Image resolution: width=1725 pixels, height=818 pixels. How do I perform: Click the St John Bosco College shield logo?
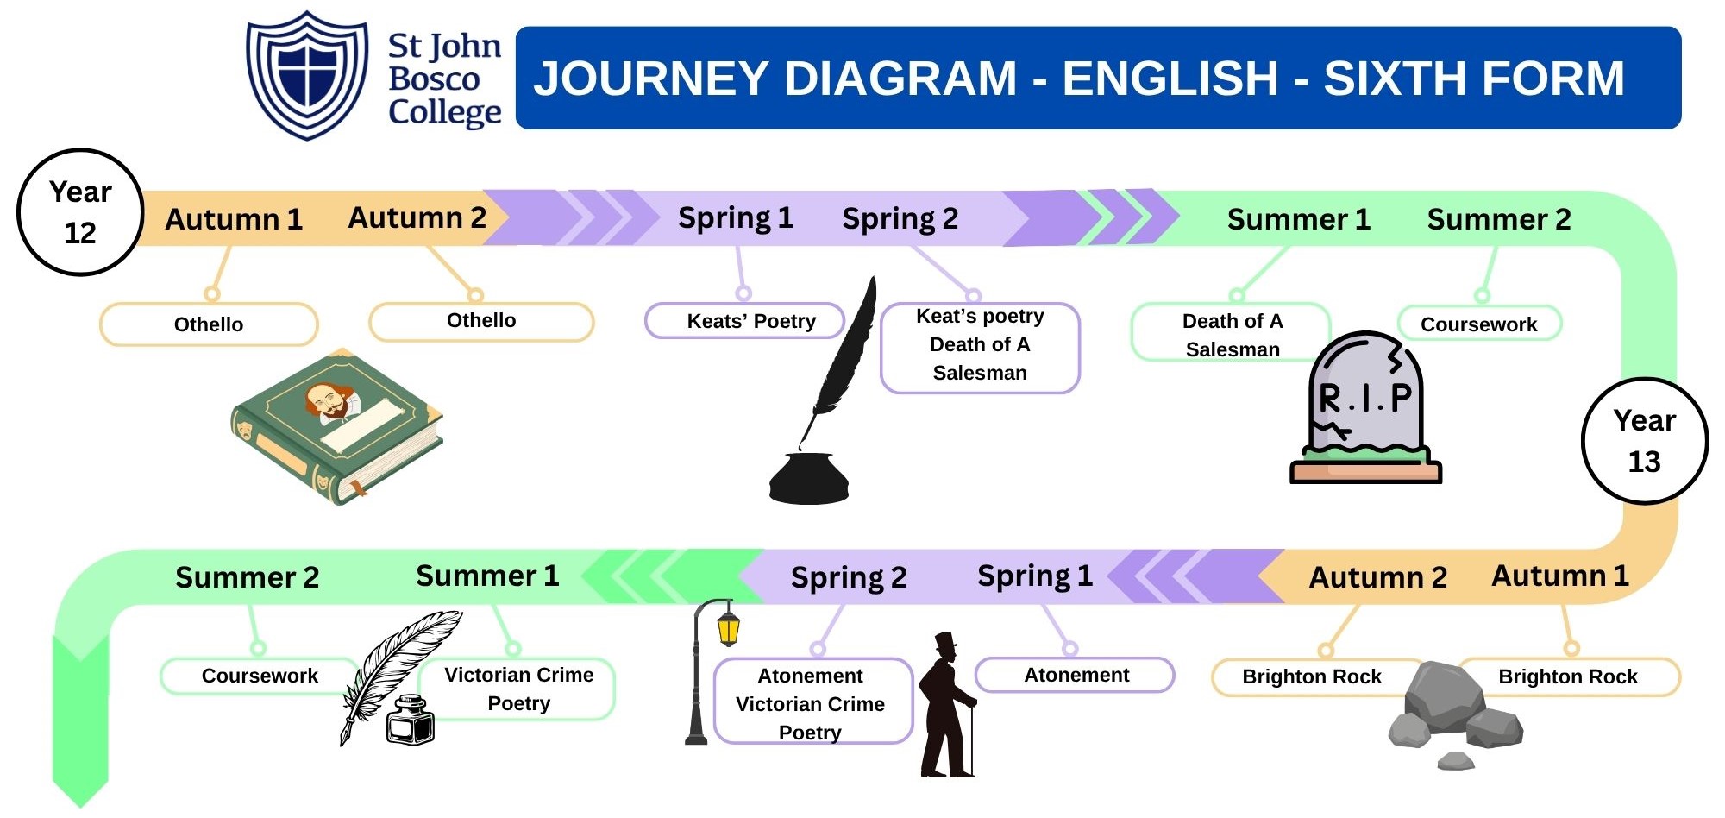tap(307, 75)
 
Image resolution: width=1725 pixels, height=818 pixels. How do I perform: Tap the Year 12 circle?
tap(80, 212)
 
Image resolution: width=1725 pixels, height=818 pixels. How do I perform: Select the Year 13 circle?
tap(1644, 441)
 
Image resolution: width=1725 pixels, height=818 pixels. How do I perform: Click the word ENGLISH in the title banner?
tap(1170, 79)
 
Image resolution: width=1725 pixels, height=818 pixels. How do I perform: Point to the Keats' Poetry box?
tap(745, 321)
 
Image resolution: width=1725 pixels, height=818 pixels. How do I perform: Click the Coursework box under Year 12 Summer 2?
tap(1478, 324)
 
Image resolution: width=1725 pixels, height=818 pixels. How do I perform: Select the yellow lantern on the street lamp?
tap(729, 627)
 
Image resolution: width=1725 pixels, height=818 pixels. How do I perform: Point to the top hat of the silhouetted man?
tap(946, 642)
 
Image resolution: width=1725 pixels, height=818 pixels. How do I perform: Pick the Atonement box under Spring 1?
tap(1075, 675)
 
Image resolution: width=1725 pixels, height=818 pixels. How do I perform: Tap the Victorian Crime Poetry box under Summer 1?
tap(518, 689)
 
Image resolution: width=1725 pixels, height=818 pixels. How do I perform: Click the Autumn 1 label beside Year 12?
tap(234, 219)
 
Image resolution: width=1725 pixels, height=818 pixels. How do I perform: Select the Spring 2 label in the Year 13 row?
tap(849, 577)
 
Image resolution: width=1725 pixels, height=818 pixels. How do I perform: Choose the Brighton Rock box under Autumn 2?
tap(1311, 676)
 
